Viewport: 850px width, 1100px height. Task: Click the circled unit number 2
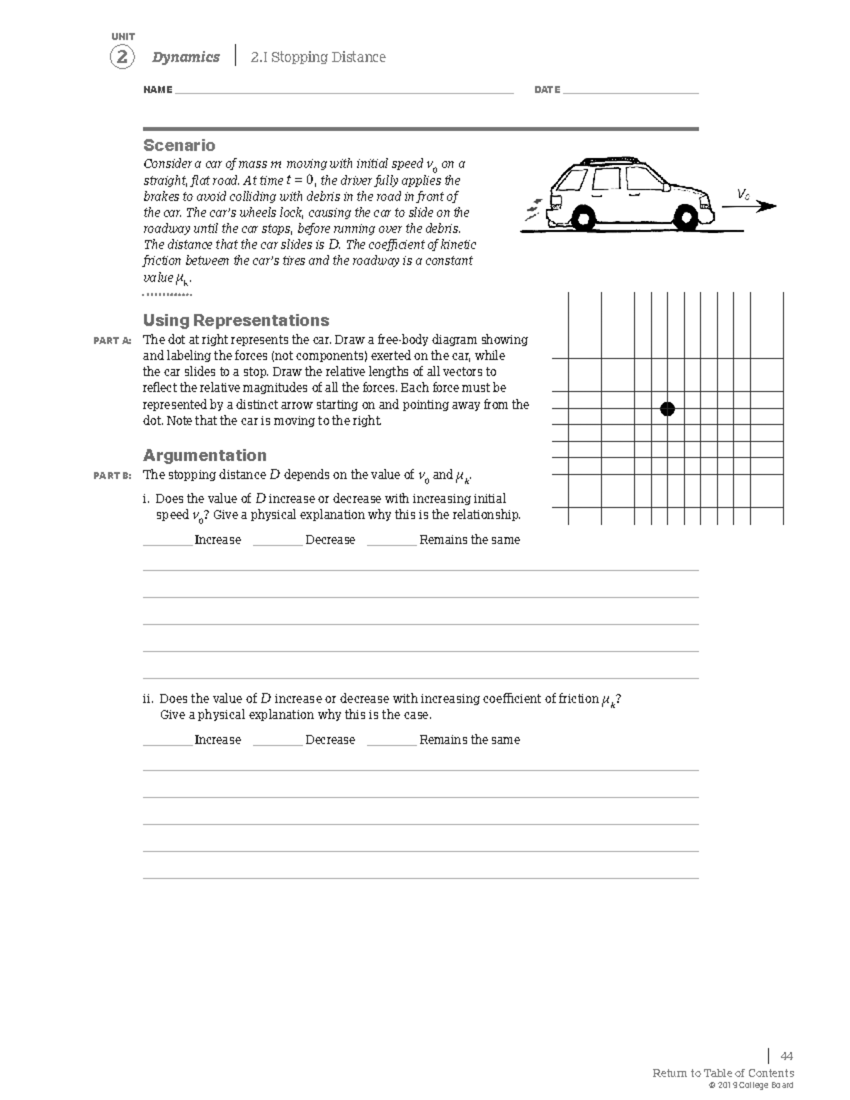(122, 57)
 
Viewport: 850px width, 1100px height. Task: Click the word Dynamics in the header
(186, 57)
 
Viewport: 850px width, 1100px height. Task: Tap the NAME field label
(157, 90)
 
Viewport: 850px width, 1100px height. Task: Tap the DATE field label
(547, 90)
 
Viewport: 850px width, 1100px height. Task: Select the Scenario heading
(179, 145)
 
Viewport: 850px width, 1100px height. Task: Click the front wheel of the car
(686, 217)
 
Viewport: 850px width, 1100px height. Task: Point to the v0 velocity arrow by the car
(749, 206)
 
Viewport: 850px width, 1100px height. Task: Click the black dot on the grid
(667, 409)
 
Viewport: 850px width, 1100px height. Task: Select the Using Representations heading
(236, 320)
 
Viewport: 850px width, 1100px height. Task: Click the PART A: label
(113, 341)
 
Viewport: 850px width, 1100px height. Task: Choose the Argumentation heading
(205, 455)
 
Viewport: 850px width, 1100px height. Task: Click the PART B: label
(113, 475)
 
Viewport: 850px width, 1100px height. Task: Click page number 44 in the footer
(786, 1056)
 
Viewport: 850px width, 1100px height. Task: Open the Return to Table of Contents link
(722, 1073)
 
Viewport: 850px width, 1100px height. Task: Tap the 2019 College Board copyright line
(746, 1085)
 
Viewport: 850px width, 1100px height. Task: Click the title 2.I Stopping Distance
(318, 57)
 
